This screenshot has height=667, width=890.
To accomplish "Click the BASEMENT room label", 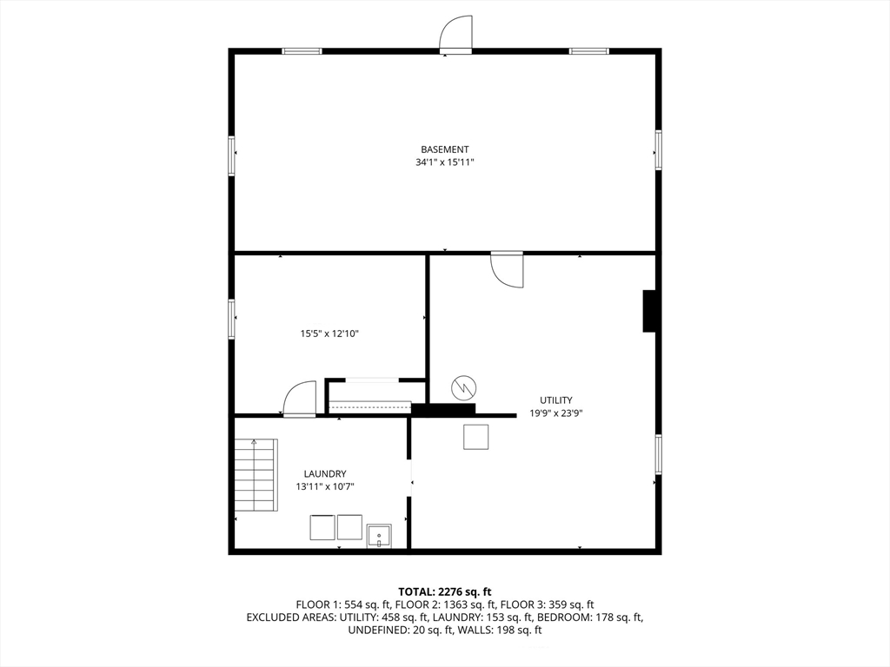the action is click(444, 149).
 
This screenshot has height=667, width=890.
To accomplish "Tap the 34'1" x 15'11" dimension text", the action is click(444, 162).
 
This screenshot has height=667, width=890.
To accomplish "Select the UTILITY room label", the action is click(555, 400).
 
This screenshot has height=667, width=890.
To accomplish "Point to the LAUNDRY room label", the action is click(325, 474).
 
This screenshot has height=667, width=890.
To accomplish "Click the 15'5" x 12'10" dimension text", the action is click(329, 334).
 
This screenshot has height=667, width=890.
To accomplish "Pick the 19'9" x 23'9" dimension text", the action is click(556, 413).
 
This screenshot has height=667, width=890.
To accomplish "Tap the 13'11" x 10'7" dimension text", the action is click(325, 486).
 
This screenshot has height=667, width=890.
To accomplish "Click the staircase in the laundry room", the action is click(256, 475).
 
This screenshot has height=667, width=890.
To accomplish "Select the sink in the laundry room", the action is click(379, 536).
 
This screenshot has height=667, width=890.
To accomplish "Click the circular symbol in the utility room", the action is click(464, 388).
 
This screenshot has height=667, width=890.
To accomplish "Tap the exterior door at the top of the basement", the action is click(455, 35).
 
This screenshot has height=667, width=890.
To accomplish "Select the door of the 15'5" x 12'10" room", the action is click(299, 400).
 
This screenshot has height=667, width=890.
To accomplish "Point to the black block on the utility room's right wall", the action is click(649, 311).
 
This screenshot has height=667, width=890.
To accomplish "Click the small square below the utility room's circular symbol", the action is click(475, 437).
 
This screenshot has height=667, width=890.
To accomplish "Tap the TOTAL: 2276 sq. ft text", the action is click(444, 592).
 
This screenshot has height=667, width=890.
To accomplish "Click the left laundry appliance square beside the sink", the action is click(322, 527).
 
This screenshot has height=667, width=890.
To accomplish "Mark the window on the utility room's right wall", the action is click(659, 453).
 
